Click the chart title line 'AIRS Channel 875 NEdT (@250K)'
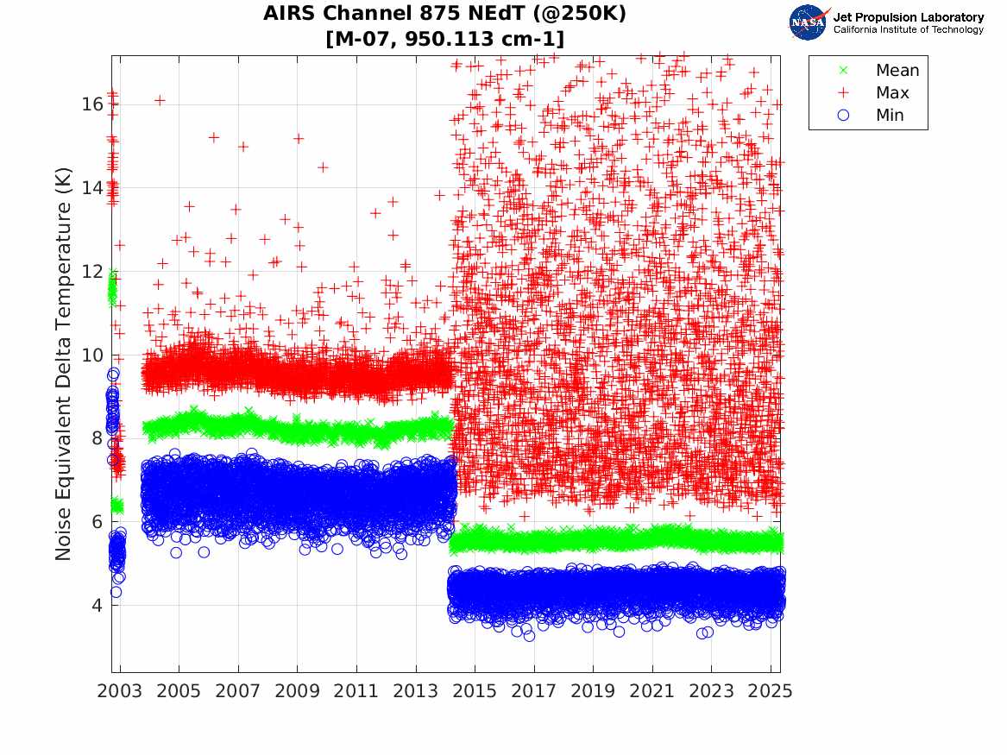click(444, 14)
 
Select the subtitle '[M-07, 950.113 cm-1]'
click(444, 39)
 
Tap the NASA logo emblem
click(809, 22)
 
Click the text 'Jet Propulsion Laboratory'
click(908, 16)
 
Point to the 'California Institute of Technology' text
click(908, 30)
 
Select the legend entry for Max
click(892, 93)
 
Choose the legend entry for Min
click(890, 116)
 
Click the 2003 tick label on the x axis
click(120, 691)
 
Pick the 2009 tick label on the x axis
click(298, 691)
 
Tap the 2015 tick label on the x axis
click(475, 691)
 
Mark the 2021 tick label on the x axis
click(652, 691)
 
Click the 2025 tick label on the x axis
click(771, 691)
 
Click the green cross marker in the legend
click(843, 71)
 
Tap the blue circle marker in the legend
click(843, 116)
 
